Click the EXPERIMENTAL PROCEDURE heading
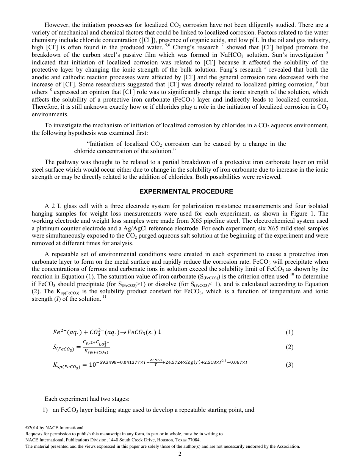[186, 191]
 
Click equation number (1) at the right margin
[290, 332]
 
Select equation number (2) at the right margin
[290, 347]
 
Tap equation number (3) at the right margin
[290, 365]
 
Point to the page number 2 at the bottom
[180, 454]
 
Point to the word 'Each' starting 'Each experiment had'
[51, 399]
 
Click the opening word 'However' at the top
[56, 25]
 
